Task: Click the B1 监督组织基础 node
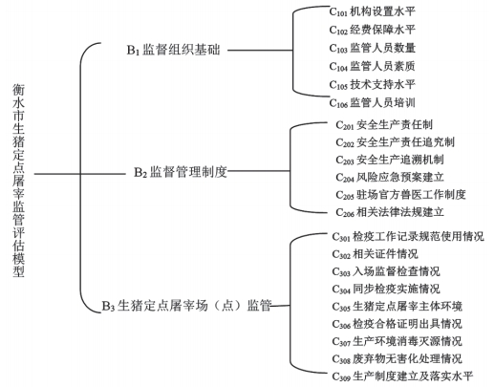173,50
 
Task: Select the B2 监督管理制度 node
181,172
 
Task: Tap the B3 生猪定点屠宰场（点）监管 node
186,306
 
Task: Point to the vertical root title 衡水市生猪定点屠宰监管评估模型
18,181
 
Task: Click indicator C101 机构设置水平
373,11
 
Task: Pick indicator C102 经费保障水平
373,30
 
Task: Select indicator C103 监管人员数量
373,48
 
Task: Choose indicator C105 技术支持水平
373,85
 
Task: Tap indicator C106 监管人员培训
373,103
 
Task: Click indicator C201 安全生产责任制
384,125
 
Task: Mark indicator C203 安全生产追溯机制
390,160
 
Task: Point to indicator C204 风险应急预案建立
390,177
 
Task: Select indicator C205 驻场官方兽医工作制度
400,195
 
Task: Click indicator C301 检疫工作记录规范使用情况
408,237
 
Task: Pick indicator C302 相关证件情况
375,254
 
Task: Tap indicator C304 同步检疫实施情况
386,290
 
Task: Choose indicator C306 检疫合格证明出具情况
397,324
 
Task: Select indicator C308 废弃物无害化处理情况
397,359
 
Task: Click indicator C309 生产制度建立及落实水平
402,376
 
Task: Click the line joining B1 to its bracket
260,50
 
